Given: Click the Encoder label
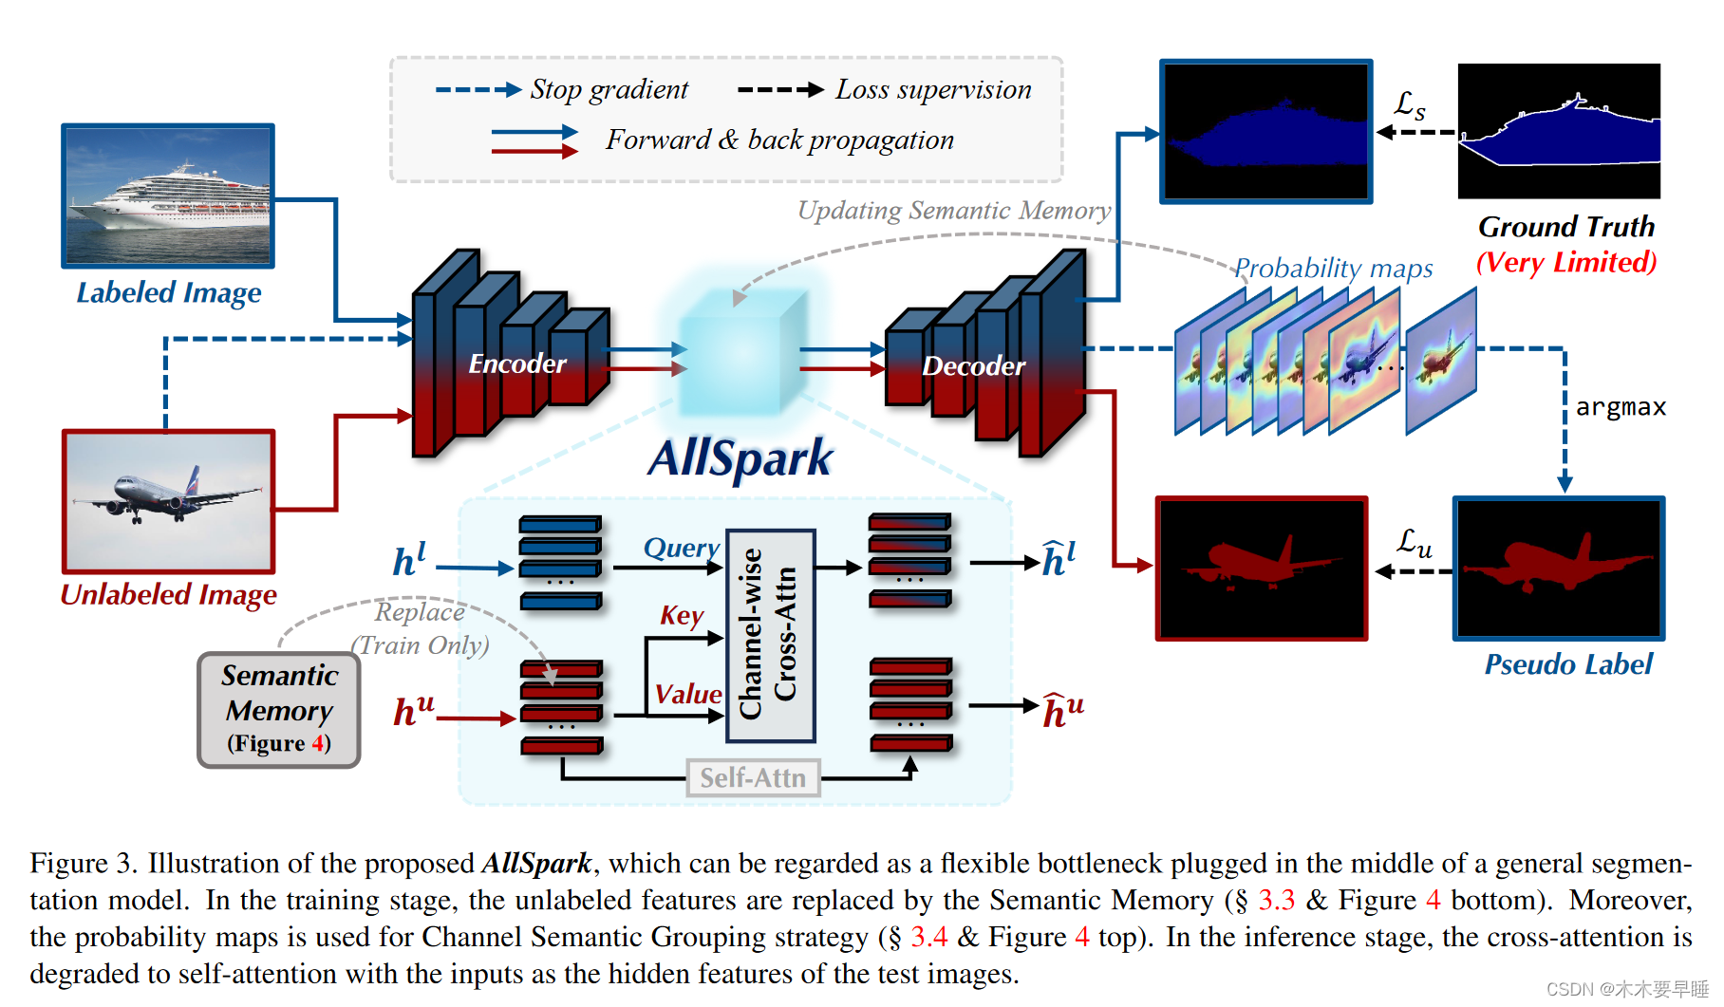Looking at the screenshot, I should pyautogui.click(x=516, y=364).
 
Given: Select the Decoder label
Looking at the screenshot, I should pyautogui.click(x=973, y=366).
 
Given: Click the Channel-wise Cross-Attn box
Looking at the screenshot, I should pyautogui.click(x=770, y=635).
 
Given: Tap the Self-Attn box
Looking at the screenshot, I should pyautogui.click(x=753, y=778).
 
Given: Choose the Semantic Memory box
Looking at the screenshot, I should pyautogui.click(x=279, y=709).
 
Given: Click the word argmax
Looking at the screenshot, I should pyautogui.click(x=1621, y=407).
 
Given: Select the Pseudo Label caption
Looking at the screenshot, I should pyautogui.click(x=1568, y=664).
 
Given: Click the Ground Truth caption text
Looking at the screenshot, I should pyautogui.click(x=1565, y=227).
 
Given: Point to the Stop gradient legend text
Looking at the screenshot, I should pyautogui.click(x=609, y=89).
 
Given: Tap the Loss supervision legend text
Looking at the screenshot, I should pyautogui.click(x=932, y=89).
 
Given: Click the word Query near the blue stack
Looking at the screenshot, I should pyautogui.click(x=681, y=548).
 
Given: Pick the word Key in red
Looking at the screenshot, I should pyautogui.click(x=682, y=615).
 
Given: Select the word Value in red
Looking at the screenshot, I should pyautogui.click(x=687, y=694).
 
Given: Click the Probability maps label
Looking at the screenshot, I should pyautogui.click(x=1333, y=269).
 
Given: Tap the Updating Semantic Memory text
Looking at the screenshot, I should pyautogui.click(x=954, y=210).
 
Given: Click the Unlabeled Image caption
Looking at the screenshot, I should pyautogui.click(x=169, y=595).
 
